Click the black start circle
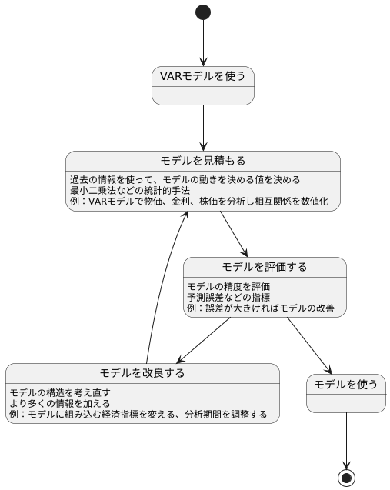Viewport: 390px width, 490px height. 203,12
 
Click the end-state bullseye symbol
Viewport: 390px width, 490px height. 346,478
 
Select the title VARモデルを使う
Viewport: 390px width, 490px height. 203,76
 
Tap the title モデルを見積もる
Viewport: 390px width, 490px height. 203,161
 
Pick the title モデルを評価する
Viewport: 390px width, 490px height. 265,267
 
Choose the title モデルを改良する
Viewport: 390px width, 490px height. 142,373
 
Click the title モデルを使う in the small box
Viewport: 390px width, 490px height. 346,384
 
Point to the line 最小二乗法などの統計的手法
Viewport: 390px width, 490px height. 130,190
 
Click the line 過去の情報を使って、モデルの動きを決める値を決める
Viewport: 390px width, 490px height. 185,180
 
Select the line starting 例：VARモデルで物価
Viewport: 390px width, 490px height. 199,202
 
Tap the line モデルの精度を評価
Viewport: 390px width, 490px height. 228,286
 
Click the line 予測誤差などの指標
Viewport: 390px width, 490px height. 228,297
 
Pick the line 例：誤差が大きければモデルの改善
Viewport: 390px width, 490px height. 261,308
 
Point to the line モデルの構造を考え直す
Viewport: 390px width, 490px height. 60,392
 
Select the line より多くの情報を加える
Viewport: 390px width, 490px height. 60,403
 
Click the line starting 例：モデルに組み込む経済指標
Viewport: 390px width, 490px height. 138,415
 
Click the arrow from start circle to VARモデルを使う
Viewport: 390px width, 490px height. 203,43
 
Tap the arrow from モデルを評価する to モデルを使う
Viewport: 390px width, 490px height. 309,345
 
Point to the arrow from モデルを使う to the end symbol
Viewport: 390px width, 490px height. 346,441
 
